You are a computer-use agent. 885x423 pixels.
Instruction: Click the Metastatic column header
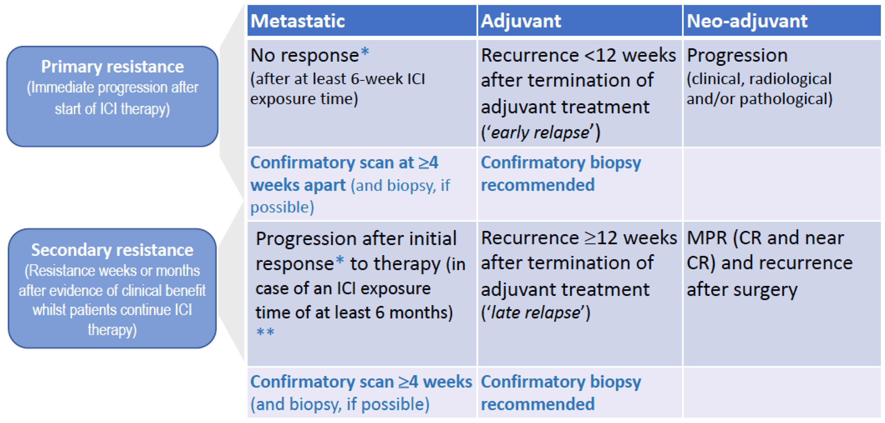[x=298, y=21]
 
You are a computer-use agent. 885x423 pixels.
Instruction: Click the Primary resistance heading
[x=112, y=67]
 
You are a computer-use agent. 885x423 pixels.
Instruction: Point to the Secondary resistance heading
[x=112, y=250]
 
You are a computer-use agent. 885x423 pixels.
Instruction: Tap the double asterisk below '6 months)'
[x=265, y=332]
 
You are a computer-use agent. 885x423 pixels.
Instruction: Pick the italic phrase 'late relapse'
[x=535, y=313]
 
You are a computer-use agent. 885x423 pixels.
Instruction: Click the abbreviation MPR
[x=707, y=238]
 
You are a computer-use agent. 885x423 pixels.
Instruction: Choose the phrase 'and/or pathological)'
[x=760, y=99]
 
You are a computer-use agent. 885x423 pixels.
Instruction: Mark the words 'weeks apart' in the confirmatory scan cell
[x=298, y=185]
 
